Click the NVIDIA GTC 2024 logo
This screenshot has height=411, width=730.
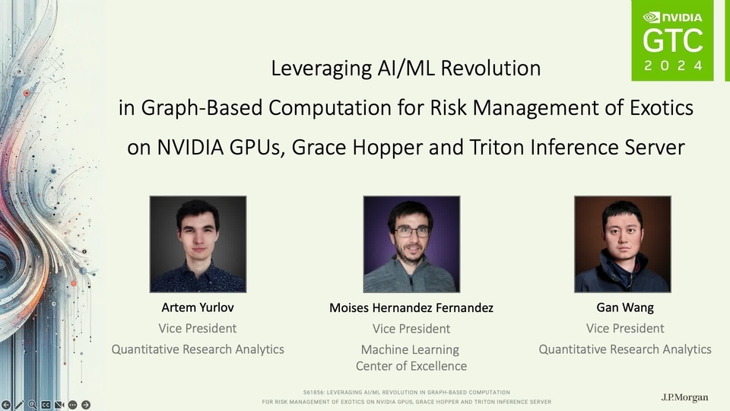click(x=672, y=40)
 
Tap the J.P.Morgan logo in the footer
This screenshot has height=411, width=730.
click(x=685, y=397)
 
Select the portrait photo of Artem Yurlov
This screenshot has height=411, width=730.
click(x=198, y=244)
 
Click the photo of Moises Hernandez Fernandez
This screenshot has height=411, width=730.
click(x=411, y=244)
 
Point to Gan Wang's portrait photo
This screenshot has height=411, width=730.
click(x=623, y=244)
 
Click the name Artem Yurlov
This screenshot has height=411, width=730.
click(x=198, y=307)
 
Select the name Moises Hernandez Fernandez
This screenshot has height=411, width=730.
click(x=411, y=308)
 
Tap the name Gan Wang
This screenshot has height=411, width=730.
click(x=625, y=307)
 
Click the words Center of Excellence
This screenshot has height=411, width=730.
click(x=411, y=366)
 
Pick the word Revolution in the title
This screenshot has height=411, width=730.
click(x=490, y=68)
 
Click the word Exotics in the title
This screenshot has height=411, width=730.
click(x=662, y=107)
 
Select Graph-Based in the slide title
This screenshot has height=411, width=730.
click(x=202, y=108)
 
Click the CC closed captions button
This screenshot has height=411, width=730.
click(x=46, y=405)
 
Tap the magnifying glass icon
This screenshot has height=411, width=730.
click(x=32, y=405)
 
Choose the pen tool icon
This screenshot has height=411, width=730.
click(x=18, y=405)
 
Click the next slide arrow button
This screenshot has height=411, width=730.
click(x=86, y=405)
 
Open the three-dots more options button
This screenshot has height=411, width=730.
click(x=73, y=405)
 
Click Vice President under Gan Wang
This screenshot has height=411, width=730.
click(x=625, y=329)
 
